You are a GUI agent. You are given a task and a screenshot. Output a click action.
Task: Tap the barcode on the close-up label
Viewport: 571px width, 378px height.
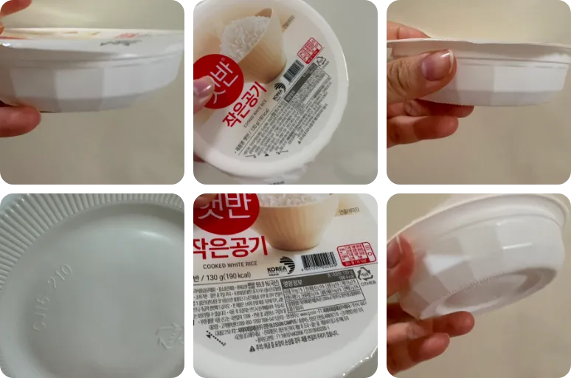pyautogui.click(x=319, y=261)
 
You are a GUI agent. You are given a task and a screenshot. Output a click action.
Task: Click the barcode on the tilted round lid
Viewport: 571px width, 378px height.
pyautogui.click(x=292, y=71)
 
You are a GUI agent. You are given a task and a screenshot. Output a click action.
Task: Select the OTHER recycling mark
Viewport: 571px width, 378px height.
pyautogui.click(x=364, y=277)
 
